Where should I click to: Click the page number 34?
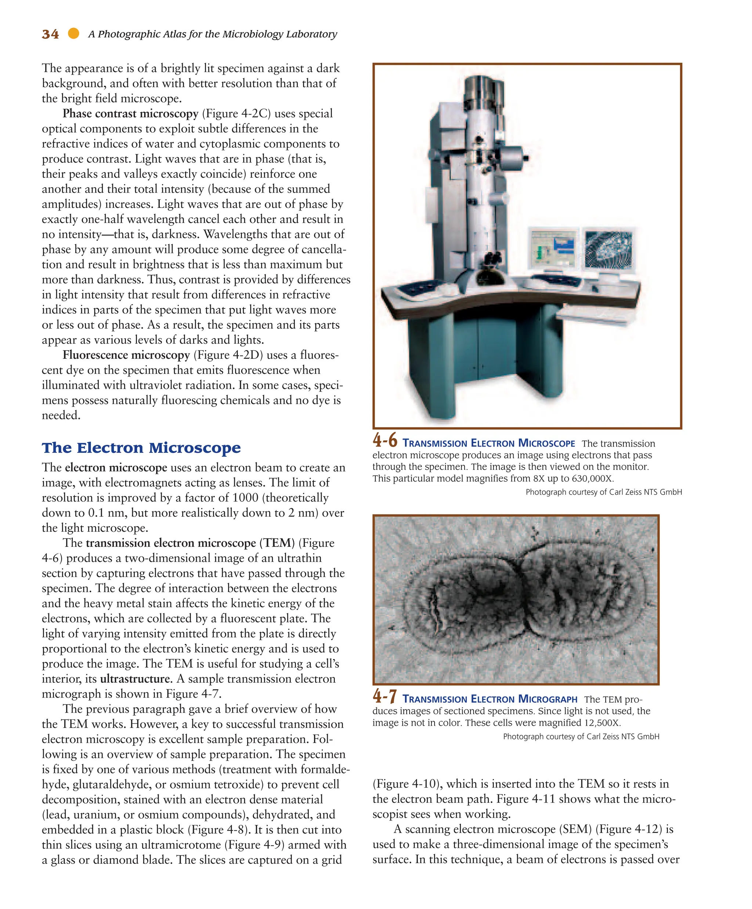tap(50, 34)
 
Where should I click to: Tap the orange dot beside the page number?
tap(73, 33)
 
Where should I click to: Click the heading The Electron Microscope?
tap(141, 448)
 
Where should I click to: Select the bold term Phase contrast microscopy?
tap(130, 113)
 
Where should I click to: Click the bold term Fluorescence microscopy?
tap(126, 355)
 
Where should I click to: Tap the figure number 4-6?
tap(385, 441)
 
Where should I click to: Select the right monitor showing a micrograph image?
tap(609, 249)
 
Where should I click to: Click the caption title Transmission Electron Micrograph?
tap(490, 699)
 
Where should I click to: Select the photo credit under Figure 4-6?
tap(604, 492)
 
